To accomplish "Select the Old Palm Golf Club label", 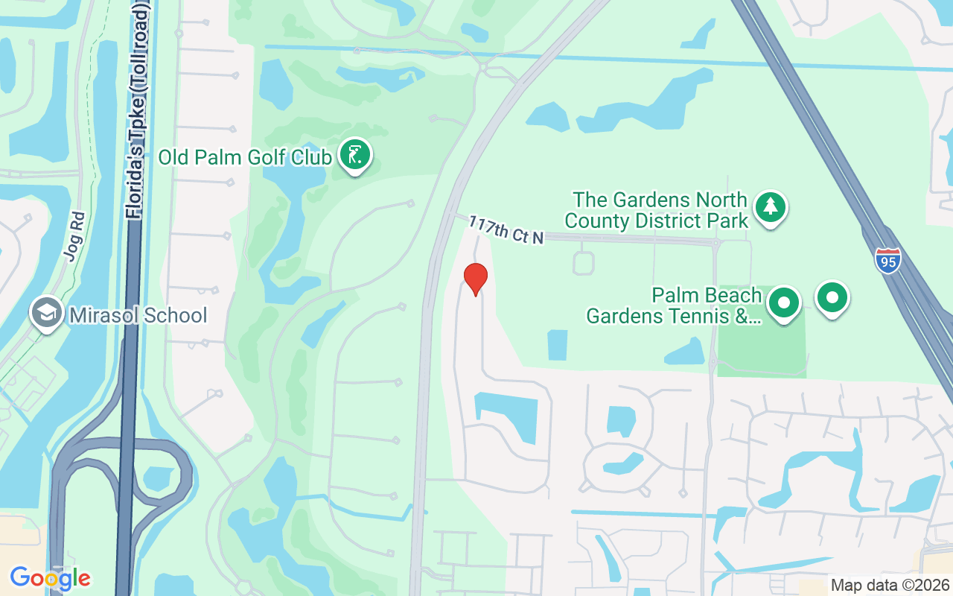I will point(244,158).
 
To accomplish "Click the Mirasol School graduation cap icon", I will point(46,314).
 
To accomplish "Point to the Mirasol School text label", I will point(138,315).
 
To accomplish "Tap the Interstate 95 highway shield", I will point(887,260).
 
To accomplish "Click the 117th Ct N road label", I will point(506,229).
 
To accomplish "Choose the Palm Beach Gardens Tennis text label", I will point(674,305).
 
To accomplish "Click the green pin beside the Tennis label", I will point(784,303).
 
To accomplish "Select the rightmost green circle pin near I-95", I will point(832,298).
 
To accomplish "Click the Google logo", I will point(50,577).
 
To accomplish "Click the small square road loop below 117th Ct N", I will point(584,263).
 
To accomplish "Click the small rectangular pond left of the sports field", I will point(557,345).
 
